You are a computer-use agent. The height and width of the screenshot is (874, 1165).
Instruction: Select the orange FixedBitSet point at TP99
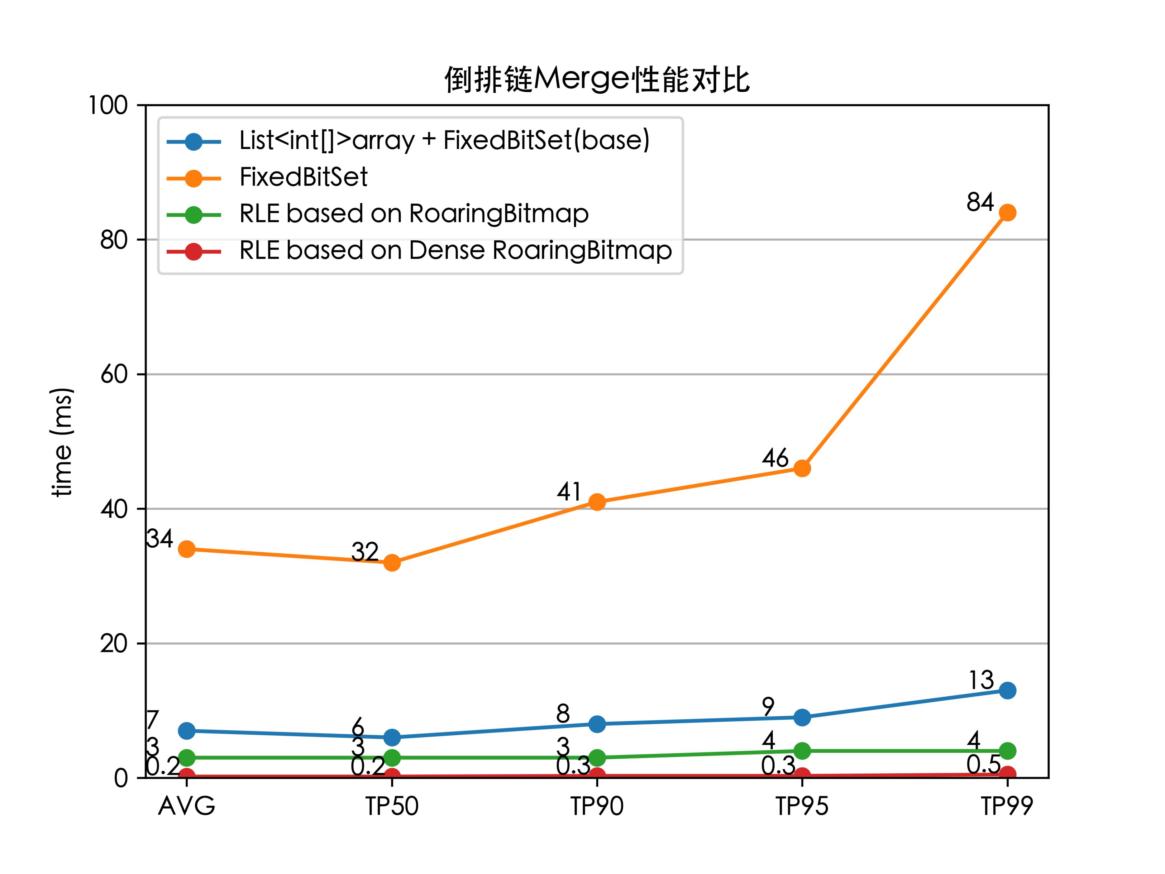click(1007, 213)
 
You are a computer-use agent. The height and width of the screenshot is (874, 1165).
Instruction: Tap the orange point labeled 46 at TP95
click(802, 468)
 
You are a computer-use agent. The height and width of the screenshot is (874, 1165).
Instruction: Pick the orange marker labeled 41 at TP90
click(597, 502)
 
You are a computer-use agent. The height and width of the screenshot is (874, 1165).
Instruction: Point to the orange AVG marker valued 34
click(186, 549)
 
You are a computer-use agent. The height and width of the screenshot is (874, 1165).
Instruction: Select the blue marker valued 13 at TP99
click(1007, 690)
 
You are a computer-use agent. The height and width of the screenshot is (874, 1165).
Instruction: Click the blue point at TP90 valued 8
click(597, 724)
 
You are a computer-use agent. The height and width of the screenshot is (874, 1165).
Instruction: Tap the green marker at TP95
click(802, 751)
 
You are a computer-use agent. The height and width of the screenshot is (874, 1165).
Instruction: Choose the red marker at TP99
click(1007, 774)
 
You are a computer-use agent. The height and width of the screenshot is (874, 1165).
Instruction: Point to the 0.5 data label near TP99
click(983, 764)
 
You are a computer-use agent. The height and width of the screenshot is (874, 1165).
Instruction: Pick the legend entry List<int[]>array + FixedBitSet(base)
click(444, 140)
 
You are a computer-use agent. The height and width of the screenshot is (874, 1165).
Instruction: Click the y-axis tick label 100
click(108, 105)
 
